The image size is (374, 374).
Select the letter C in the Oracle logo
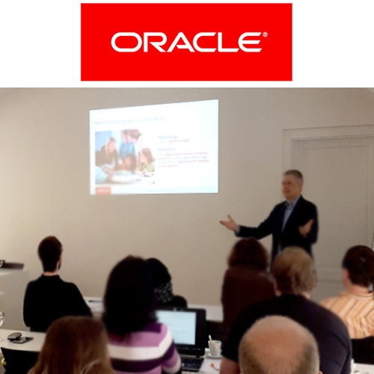tap(200, 42)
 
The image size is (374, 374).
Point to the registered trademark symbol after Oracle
tap(265, 34)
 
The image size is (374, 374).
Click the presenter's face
tap(292, 185)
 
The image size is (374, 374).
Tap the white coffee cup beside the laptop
tap(215, 347)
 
